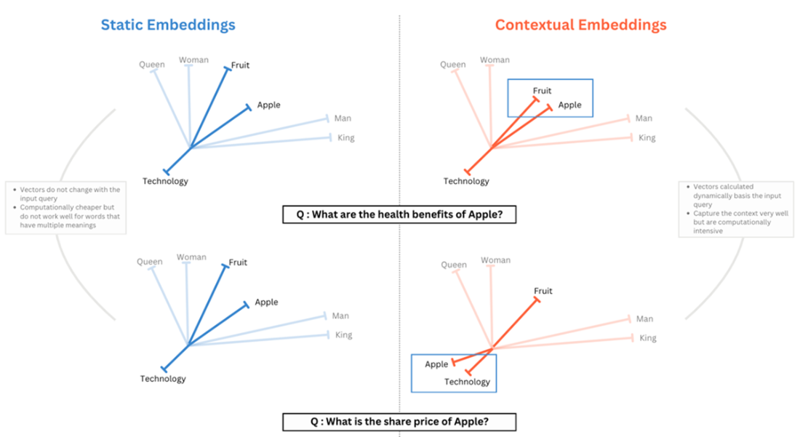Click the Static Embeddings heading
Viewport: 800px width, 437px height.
pos(168,25)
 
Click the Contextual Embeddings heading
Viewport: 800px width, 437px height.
pos(580,25)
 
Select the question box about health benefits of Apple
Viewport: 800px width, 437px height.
pos(399,215)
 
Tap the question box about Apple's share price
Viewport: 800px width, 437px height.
pos(399,421)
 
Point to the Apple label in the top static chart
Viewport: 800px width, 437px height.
pos(268,105)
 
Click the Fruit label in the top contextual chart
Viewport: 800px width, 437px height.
pos(542,91)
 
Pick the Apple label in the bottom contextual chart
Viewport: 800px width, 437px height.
pos(436,364)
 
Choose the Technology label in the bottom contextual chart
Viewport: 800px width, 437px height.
pos(467,382)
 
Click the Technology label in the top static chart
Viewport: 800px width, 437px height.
pos(165,181)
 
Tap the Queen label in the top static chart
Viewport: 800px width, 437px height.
pos(151,65)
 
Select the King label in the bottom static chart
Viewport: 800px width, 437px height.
pos(344,335)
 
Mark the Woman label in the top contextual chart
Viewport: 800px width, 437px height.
pos(495,60)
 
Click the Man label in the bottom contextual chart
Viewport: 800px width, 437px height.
pos(644,318)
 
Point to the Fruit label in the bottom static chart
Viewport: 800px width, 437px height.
pos(238,262)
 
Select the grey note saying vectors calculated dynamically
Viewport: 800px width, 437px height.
pos(736,209)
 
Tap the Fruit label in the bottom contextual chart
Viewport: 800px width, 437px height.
pos(543,291)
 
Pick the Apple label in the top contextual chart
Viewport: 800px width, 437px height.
pos(569,105)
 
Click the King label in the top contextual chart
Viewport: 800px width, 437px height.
pos(647,137)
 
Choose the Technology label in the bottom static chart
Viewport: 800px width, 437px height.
pos(163,378)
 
